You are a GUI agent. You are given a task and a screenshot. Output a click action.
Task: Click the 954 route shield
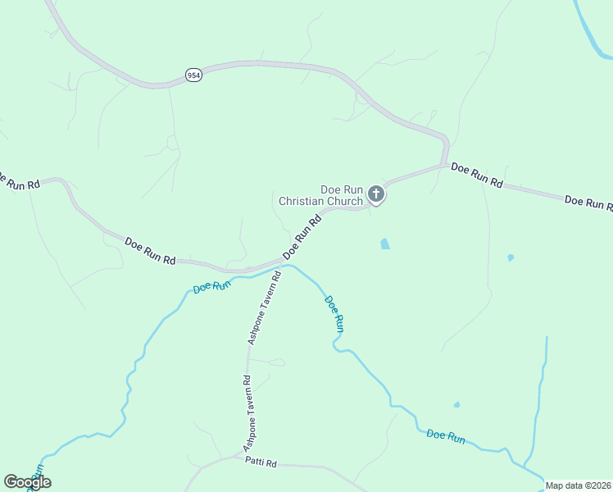pos(193,75)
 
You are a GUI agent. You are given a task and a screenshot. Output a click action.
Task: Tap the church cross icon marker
pos(376,194)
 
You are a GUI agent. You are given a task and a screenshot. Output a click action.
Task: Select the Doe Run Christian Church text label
pos(320,195)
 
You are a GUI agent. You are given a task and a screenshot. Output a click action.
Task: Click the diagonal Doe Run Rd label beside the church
pos(302,239)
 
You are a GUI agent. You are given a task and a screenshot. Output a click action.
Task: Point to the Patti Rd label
pos(261,462)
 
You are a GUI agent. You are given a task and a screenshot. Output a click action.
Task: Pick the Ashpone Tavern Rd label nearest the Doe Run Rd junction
pos(265,308)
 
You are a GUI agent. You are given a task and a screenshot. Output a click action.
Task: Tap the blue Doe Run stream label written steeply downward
pos(334,313)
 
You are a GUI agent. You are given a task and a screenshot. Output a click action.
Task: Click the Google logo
pos(26,482)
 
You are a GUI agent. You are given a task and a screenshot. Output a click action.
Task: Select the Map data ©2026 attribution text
pos(578,485)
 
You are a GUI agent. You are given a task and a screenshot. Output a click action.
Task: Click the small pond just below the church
pos(384,244)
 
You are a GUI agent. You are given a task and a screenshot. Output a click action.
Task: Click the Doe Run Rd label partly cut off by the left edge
pos(18,181)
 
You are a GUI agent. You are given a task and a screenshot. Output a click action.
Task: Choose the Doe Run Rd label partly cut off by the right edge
pos(588,203)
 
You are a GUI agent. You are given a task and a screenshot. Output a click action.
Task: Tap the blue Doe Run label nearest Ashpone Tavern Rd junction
pos(211,287)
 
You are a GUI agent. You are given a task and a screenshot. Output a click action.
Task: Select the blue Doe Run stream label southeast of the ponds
pos(446,437)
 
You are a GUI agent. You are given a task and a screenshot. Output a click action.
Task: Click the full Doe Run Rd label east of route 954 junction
pos(476,175)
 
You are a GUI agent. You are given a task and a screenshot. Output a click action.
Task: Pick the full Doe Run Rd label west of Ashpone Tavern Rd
pos(150,250)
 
